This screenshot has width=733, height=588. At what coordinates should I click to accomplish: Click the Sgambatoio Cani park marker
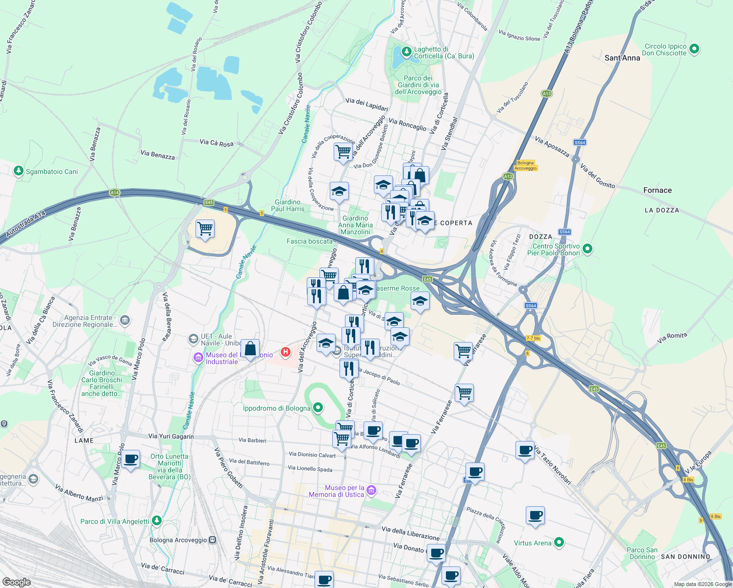(x=19, y=171)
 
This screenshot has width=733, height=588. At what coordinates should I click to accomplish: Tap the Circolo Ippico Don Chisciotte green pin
(x=694, y=49)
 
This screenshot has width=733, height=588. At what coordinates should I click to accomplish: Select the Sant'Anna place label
(x=622, y=58)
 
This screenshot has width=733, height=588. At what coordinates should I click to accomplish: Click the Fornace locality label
(x=657, y=190)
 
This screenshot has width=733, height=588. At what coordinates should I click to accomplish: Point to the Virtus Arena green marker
(x=559, y=542)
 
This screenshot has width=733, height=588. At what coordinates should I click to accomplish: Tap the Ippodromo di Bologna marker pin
(x=318, y=408)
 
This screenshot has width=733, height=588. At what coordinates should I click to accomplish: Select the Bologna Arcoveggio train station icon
(x=212, y=540)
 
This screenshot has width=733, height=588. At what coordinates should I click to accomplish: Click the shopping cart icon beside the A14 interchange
(x=205, y=228)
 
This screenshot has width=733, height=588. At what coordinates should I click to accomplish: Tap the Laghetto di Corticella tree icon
(x=406, y=51)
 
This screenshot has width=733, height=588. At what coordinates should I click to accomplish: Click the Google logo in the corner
(x=16, y=582)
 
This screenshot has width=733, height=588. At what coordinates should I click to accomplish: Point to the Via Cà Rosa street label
(x=217, y=143)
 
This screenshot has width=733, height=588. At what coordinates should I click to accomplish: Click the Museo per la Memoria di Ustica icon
(x=371, y=490)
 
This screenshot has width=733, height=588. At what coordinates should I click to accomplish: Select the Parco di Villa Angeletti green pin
(x=156, y=521)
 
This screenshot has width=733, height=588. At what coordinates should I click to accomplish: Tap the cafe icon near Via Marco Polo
(x=131, y=460)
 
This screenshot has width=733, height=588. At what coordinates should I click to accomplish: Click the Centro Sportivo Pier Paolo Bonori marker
(x=587, y=249)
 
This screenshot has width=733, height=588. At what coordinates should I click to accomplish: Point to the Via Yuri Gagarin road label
(x=171, y=436)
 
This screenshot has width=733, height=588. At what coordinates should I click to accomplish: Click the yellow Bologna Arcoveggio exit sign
(x=525, y=165)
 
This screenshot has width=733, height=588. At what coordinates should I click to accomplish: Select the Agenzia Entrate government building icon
(x=124, y=320)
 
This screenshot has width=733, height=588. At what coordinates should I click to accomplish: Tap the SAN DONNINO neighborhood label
(x=685, y=557)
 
